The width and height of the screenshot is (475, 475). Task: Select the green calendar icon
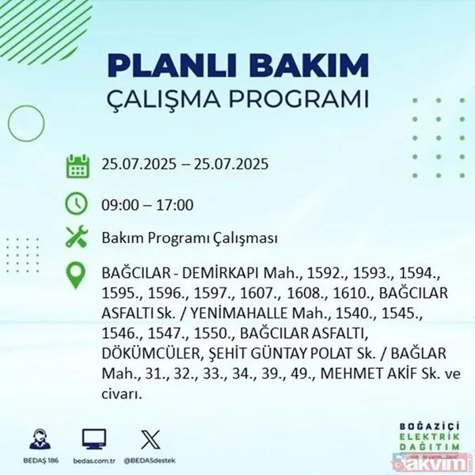(x=77, y=166)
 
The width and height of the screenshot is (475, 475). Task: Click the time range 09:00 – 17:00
(x=147, y=205)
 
